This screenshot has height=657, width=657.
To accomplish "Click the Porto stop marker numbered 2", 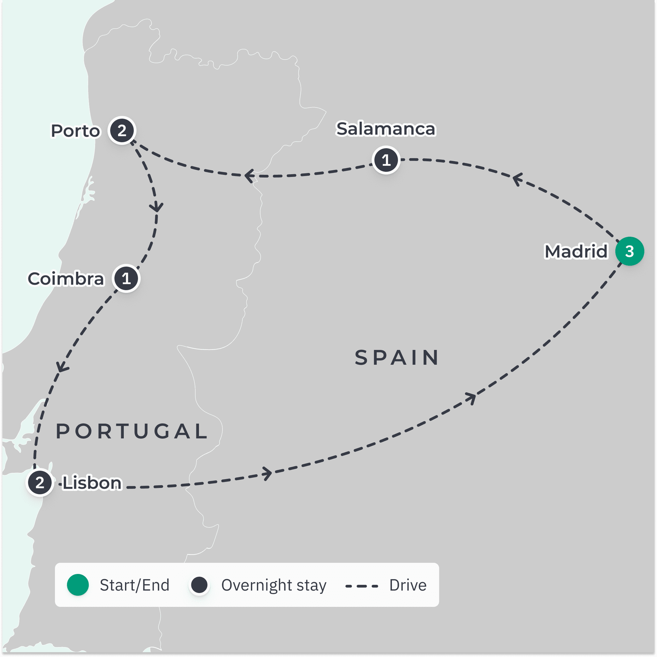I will coord(122,130).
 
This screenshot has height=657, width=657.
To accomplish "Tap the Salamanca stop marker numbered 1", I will coord(386,160).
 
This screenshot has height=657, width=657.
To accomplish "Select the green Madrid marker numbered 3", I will coord(630,251).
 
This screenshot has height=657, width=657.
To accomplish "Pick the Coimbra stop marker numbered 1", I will coord(126,278).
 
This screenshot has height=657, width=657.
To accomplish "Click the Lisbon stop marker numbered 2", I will coord(40,482).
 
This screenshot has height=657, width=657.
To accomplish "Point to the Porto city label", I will coord(75,131).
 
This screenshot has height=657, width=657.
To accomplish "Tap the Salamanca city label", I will coord(386,129).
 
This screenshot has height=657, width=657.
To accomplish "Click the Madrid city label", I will coord(576,251).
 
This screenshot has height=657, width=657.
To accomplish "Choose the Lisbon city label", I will coord(92,483).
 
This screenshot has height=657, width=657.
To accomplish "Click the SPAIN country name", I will coord(396,358).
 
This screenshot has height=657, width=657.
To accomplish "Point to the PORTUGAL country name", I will coord(132,431).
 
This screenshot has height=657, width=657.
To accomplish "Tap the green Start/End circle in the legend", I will coord(78,585).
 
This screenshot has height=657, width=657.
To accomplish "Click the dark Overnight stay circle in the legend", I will coord(199,585).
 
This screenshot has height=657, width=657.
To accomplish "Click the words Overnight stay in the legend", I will coord(274,585).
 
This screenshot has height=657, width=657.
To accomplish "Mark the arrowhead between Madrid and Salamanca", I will coord(517,179).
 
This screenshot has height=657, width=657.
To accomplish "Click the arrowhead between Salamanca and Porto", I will coord(249,176).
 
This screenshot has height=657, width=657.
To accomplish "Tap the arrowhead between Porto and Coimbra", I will coord(156,207).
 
